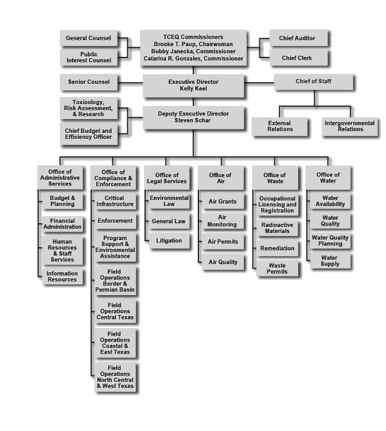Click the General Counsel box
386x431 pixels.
tap(88, 38)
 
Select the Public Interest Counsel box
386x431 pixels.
tap(88, 57)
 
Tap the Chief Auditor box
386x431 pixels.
tap(297, 38)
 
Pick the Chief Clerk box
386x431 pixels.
tap(297, 58)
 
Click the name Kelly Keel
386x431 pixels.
tap(192, 89)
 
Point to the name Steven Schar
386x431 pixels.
tap(192, 120)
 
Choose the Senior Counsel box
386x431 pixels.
tap(88, 81)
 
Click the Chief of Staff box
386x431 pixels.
tap(313, 81)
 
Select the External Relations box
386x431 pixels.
tap(280, 126)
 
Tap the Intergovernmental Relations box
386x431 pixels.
tap(350, 126)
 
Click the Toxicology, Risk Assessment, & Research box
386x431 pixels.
tap(88, 108)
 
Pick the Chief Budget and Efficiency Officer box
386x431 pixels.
tap(88, 133)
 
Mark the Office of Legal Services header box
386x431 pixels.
tap(167, 178)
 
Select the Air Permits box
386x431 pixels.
tap(222, 242)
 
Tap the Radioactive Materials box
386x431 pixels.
tap(277, 228)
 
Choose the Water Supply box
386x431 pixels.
tap(330, 261)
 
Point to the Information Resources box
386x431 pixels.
tap(62, 277)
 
